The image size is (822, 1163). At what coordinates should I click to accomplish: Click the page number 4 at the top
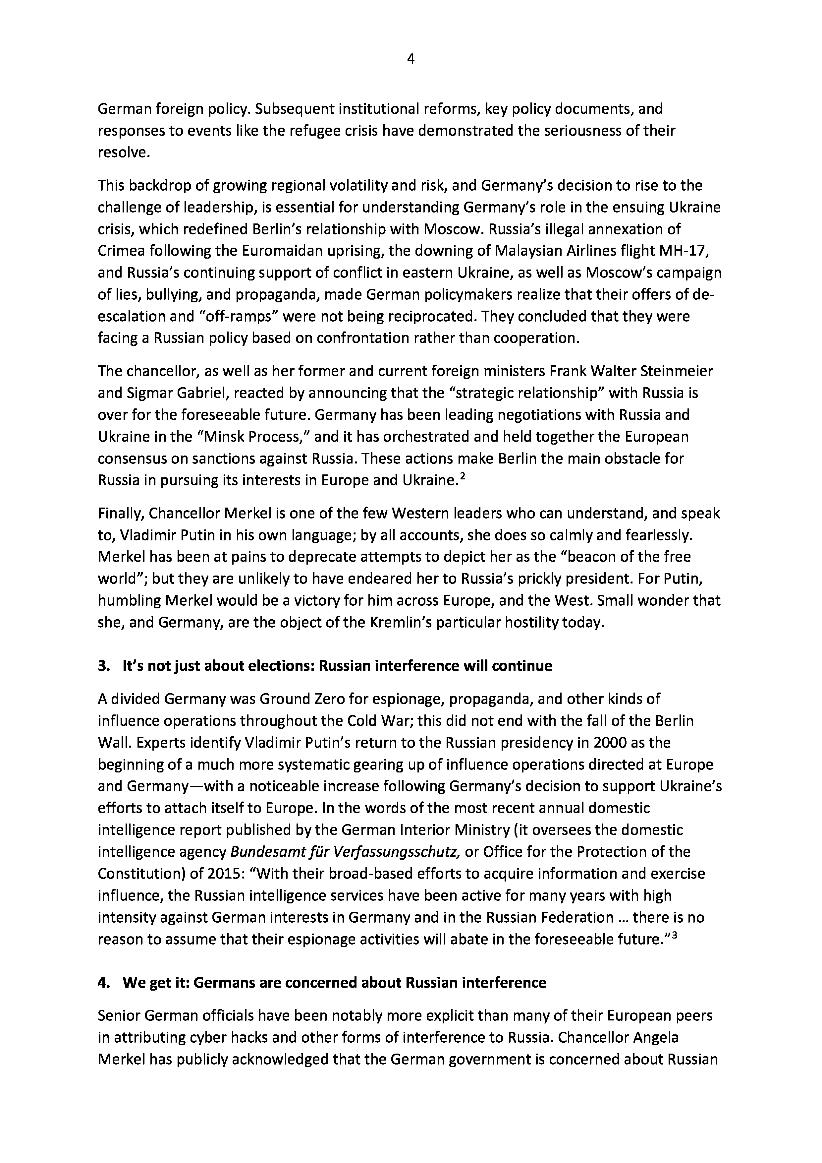click(x=411, y=59)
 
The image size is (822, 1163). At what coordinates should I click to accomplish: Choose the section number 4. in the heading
click(x=103, y=983)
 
